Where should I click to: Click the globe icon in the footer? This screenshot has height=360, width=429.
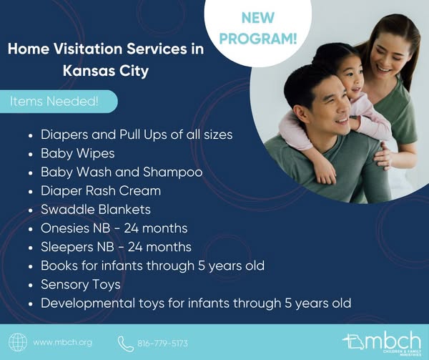pos(18,342)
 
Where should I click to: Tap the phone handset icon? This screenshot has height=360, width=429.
pos(126,344)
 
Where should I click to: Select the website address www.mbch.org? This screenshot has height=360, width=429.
pos(63,343)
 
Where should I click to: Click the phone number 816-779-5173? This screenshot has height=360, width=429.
pos(163,344)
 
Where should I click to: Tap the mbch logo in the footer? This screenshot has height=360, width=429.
pos(382,343)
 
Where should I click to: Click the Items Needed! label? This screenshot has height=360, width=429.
pos(54,102)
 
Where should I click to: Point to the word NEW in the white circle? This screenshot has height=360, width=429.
pos(257,18)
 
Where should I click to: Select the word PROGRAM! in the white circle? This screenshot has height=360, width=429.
pos(257,39)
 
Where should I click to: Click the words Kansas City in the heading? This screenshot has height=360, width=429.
pos(106,71)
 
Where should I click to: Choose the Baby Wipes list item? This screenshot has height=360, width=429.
pos(78,153)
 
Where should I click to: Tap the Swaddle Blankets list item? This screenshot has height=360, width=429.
pos(96,210)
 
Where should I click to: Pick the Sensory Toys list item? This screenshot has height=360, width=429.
pos(80,285)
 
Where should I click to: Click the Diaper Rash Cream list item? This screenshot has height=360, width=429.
pos(101,191)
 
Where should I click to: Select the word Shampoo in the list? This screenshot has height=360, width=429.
pos(172,172)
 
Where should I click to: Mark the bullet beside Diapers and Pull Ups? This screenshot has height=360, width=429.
pos(31,135)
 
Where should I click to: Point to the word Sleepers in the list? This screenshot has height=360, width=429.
pos(67,247)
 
